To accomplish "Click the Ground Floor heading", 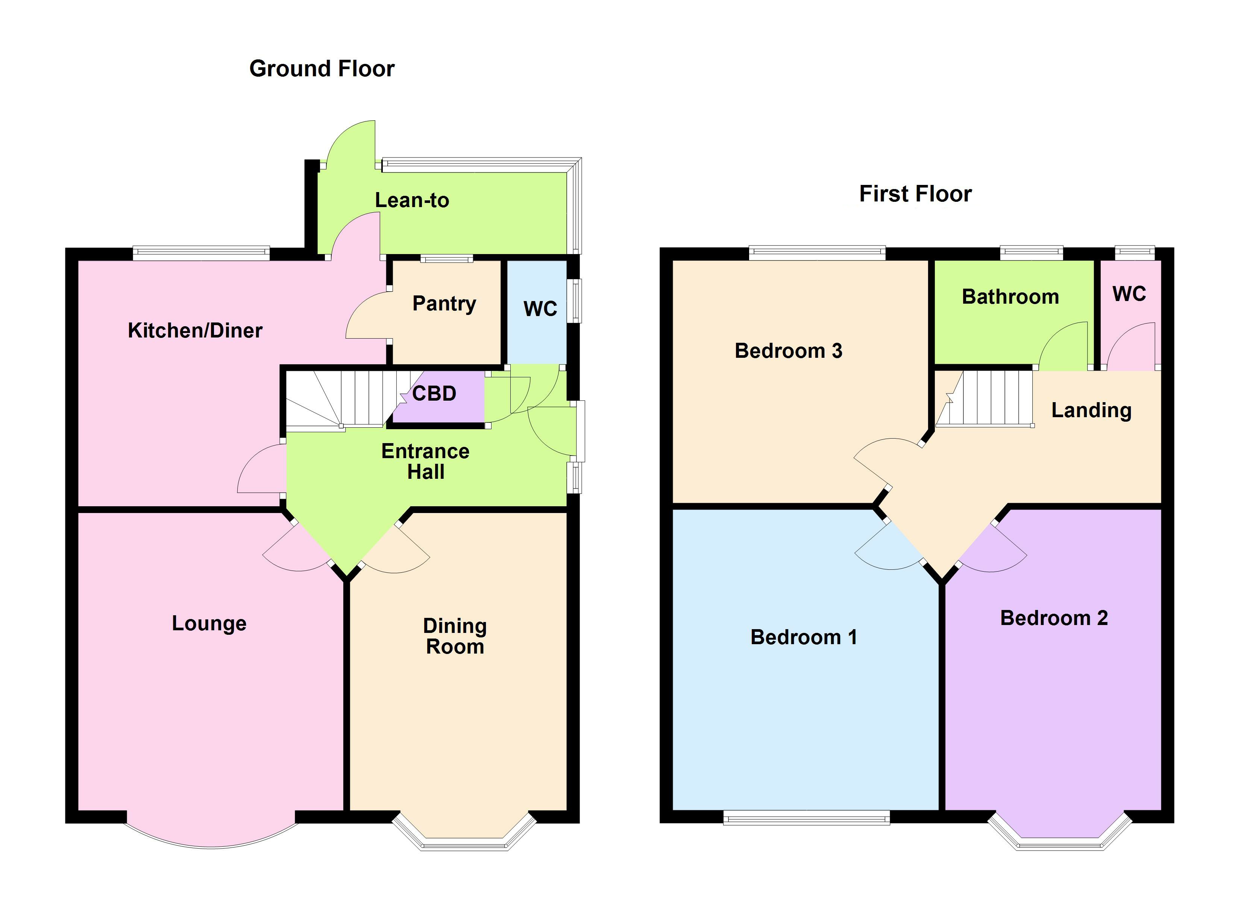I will pyautogui.click(x=322, y=69).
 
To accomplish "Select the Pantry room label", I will pyautogui.click(x=444, y=304).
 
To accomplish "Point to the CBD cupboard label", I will pyautogui.click(x=434, y=393).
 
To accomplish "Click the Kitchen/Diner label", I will pyautogui.click(x=195, y=330).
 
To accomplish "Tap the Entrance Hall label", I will pyautogui.click(x=425, y=461).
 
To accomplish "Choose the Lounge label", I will pyautogui.click(x=209, y=623).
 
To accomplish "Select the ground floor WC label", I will pyautogui.click(x=540, y=309).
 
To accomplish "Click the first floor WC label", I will pyautogui.click(x=1129, y=294).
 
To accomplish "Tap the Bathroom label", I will pyautogui.click(x=1010, y=297).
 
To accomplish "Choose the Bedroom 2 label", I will pyautogui.click(x=1053, y=617).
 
